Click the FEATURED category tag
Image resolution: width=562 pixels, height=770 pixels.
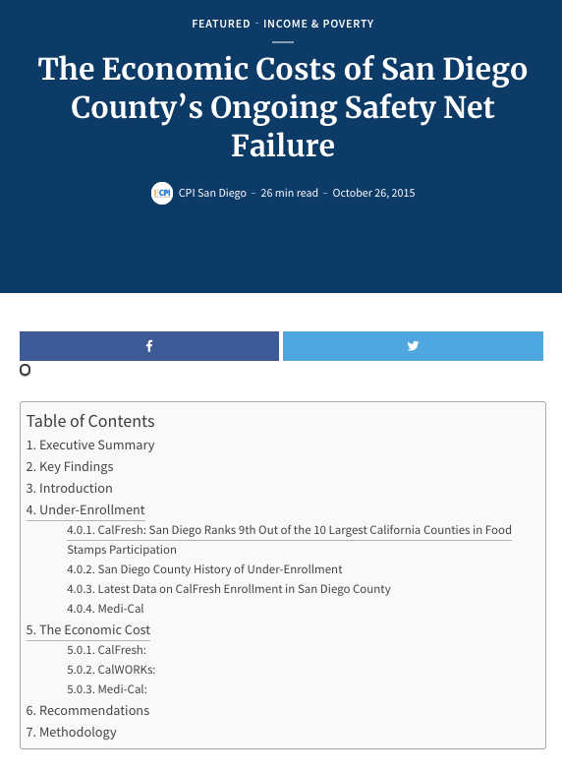pyautogui.click(x=221, y=24)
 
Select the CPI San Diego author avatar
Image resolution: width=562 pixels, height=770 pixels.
pyautogui.click(x=161, y=193)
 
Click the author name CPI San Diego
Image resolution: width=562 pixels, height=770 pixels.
pyautogui.click(x=213, y=193)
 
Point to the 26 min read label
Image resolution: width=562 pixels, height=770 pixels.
pyautogui.click(x=289, y=193)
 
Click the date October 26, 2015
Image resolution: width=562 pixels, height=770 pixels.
pyautogui.click(x=373, y=193)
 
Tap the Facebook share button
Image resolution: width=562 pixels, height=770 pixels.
pyautogui.click(x=149, y=346)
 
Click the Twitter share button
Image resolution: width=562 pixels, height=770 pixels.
pyautogui.click(x=413, y=346)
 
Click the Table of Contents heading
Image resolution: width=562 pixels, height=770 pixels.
pyautogui.click(x=90, y=421)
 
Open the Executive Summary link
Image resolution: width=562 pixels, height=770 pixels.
pyautogui.click(x=90, y=444)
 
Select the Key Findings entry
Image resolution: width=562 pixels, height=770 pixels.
pyautogui.click(x=70, y=466)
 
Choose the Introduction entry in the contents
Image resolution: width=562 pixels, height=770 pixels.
pyautogui.click(x=70, y=488)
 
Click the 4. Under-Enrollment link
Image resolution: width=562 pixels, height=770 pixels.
pyautogui.click(x=85, y=509)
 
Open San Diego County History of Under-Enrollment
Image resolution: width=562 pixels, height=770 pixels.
pyautogui.click(x=204, y=569)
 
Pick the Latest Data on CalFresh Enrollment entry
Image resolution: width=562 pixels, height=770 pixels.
pyautogui.click(x=229, y=589)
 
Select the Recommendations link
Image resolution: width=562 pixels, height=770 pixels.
pyautogui.click(x=88, y=710)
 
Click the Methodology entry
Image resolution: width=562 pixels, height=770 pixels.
pyautogui.click(x=72, y=732)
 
